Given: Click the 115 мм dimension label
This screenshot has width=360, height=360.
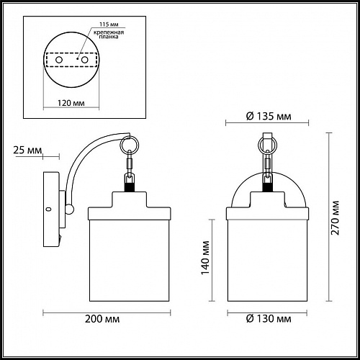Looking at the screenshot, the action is pos(109,24).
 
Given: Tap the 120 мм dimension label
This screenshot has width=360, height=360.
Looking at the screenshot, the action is pos(71,103).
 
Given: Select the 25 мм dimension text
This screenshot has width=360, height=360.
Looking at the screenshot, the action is pos(27,150).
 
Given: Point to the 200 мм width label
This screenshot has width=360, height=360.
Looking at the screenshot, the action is pos(102,319).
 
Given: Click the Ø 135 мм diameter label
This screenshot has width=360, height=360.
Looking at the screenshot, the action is pos(269,117).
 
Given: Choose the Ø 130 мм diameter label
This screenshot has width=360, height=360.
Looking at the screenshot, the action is pos(269,319).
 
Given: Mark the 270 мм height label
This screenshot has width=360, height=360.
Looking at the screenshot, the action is pos(335,218).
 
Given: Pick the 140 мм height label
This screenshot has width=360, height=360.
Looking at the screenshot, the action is pos(205,258).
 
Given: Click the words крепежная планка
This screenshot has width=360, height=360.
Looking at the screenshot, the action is pos(109,35).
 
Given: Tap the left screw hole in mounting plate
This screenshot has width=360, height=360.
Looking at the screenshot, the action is pos(59,60).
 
